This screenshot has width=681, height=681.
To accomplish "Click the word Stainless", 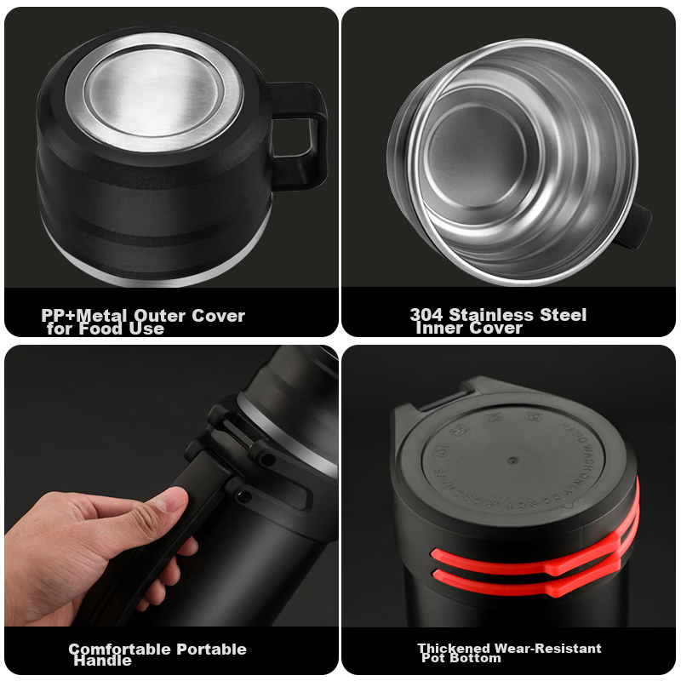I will (x=489, y=315).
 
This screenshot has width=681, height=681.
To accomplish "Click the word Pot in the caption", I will (x=435, y=659).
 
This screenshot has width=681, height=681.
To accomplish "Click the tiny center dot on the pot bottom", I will (x=512, y=460).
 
